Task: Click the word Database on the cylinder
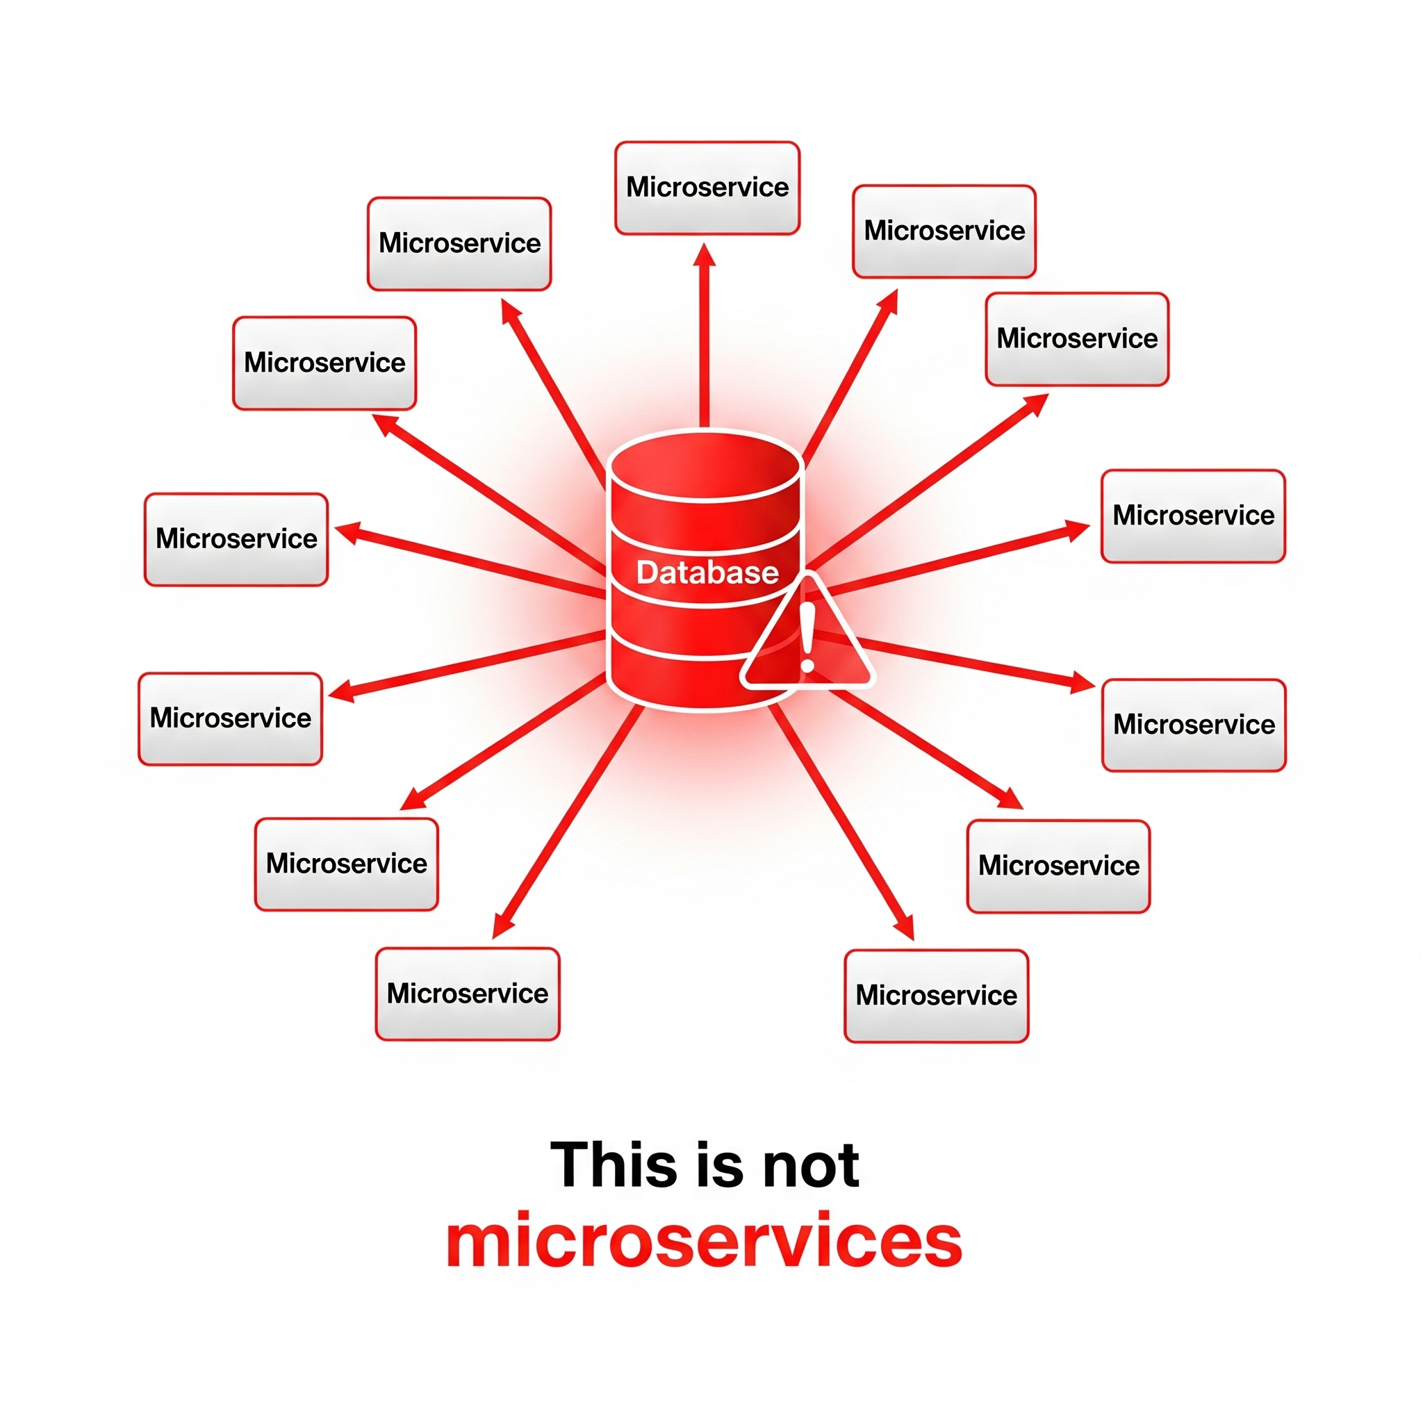coord(707,573)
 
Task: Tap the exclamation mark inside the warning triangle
coord(808,638)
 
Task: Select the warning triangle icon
coord(808,641)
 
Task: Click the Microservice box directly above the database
coord(707,188)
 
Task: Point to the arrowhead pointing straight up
coord(705,255)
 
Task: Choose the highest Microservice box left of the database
coord(459,243)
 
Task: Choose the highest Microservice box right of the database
coord(944,231)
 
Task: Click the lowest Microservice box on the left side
coord(467,994)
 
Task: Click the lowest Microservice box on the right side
coord(936,996)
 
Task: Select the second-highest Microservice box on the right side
coord(1077,339)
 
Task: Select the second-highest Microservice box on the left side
coord(324,363)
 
